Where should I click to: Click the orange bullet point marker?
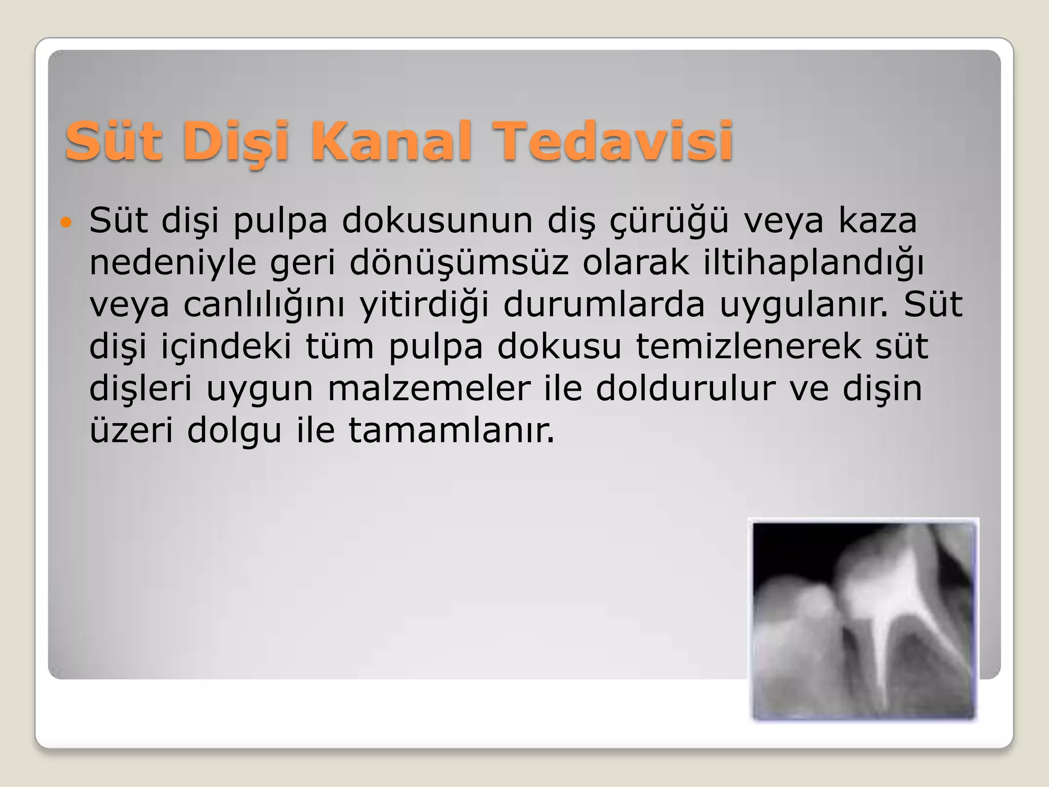[66, 222]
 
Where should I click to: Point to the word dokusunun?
[437, 221]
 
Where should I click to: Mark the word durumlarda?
[604, 305]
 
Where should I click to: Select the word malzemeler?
[429, 389]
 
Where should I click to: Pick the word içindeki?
[226, 347]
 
